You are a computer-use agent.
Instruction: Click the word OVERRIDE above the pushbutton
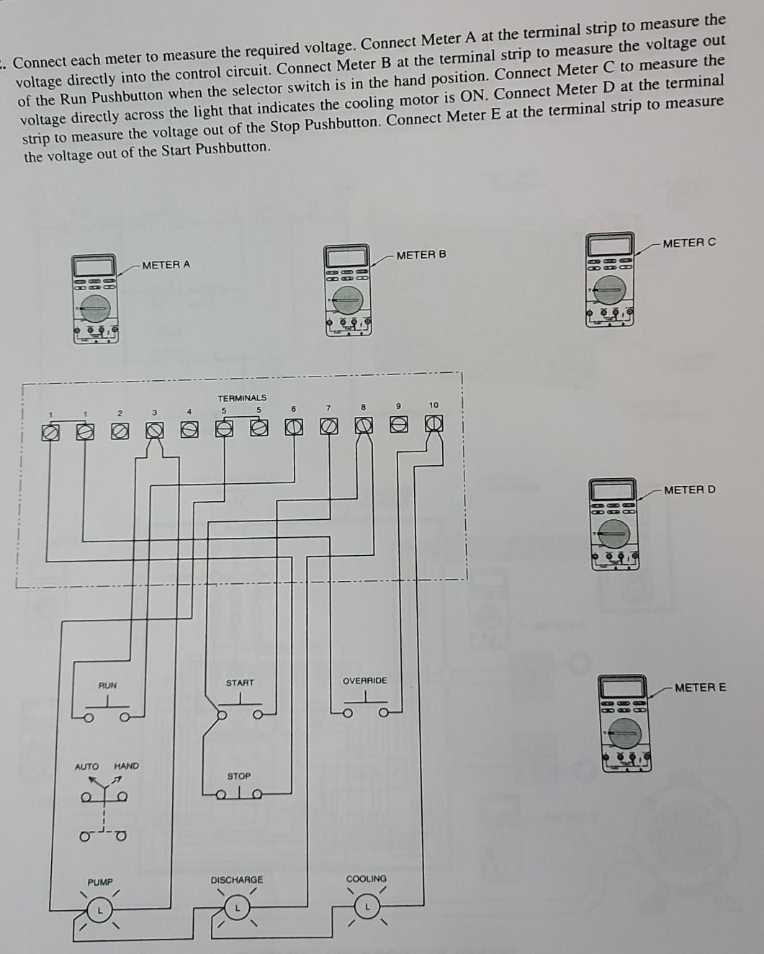tap(364, 680)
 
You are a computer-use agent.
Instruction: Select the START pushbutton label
tap(240, 683)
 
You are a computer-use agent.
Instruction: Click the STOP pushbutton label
tap(239, 776)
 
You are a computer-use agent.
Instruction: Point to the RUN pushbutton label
tap(107, 685)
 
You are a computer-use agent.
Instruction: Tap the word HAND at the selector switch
tap(126, 766)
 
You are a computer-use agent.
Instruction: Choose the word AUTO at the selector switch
tap(86, 766)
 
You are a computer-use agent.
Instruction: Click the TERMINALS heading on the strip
tap(242, 397)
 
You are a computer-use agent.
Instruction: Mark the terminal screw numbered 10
tap(434, 424)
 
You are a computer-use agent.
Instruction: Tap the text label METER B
tap(421, 255)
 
